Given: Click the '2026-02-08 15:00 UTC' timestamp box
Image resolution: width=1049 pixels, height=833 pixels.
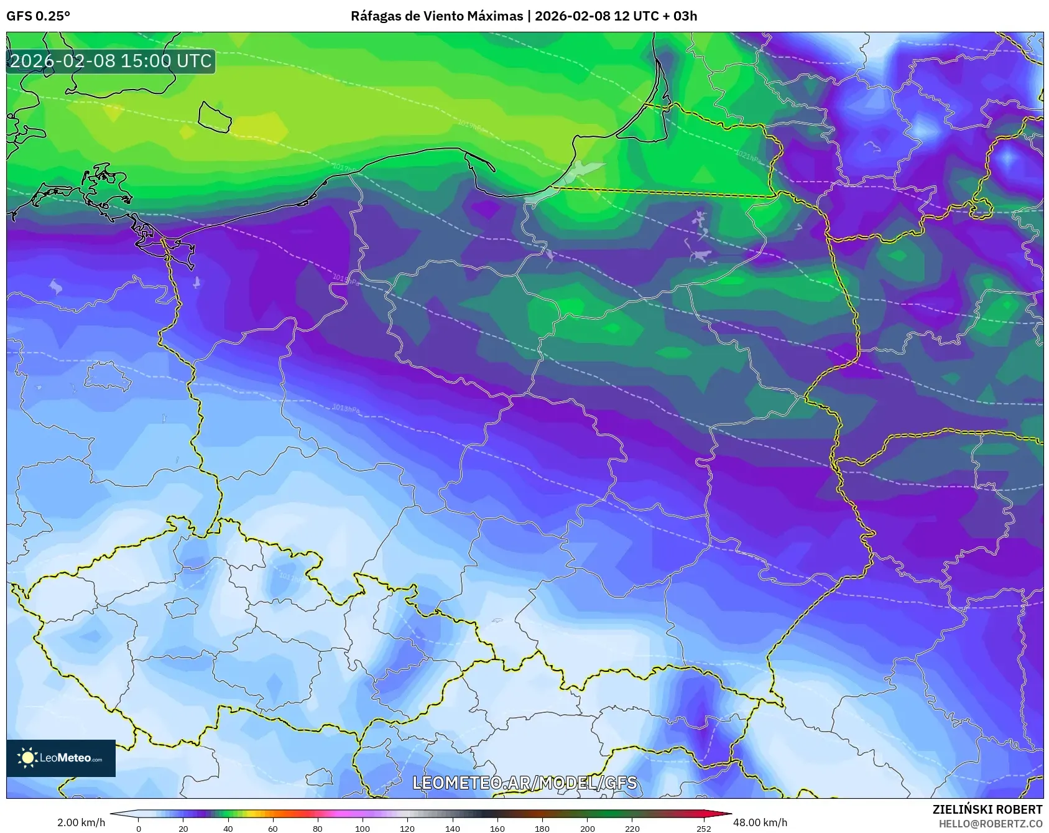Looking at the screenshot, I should (x=111, y=61).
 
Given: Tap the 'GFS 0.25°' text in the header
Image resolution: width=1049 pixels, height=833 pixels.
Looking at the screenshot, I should (x=38, y=16).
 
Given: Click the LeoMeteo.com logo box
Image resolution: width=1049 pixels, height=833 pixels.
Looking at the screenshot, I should (x=61, y=758).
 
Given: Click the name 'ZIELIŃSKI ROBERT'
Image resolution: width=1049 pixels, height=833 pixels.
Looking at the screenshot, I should (x=987, y=809).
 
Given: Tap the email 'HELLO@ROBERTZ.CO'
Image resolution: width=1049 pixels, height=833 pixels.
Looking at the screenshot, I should (x=990, y=824).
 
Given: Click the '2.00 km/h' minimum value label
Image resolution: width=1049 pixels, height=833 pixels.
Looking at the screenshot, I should (x=81, y=822).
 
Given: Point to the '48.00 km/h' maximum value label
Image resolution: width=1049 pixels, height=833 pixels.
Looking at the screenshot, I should (x=760, y=822).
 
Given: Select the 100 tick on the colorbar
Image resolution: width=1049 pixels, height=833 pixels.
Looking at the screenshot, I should (x=363, y=828).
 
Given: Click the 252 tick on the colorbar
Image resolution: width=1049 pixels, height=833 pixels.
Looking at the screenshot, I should (x=703, y=828).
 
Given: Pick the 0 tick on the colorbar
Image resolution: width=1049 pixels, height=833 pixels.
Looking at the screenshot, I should (x=138, y=828).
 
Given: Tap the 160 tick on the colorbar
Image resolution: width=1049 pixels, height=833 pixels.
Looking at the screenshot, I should (x=497, y=828).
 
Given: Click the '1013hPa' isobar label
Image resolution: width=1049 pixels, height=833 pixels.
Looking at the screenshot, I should (x=346, y=409).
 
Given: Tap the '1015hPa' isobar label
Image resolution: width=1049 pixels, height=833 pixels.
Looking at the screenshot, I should (x=346, y=280).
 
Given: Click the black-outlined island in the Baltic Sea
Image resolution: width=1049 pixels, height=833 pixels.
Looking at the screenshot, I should (x=215, y=117).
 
